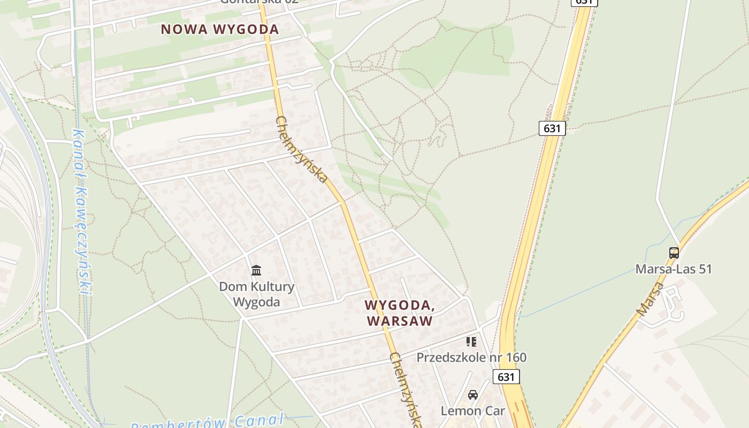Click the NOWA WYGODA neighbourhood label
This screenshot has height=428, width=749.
(220, 29)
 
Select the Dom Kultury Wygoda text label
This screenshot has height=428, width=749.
(257, 294)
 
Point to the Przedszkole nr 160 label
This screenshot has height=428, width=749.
(471, 357)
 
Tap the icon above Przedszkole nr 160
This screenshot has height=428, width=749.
(471, 341)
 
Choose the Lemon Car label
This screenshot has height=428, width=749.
(472, 411)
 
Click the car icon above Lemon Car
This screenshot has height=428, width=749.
(473, 395)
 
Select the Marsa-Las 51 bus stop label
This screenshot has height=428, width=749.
(674, 269)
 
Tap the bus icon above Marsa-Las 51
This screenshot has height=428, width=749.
(674, 253)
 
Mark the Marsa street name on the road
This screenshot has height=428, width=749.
(649, 299)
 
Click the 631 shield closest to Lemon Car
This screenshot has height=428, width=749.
(506, 377)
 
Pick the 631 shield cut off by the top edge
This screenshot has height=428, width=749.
(584, 2)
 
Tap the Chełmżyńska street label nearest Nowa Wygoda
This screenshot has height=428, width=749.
(301, 149)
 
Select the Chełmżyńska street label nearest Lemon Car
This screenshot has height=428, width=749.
(406, 389)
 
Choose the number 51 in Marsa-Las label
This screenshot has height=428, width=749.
(705, 269)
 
